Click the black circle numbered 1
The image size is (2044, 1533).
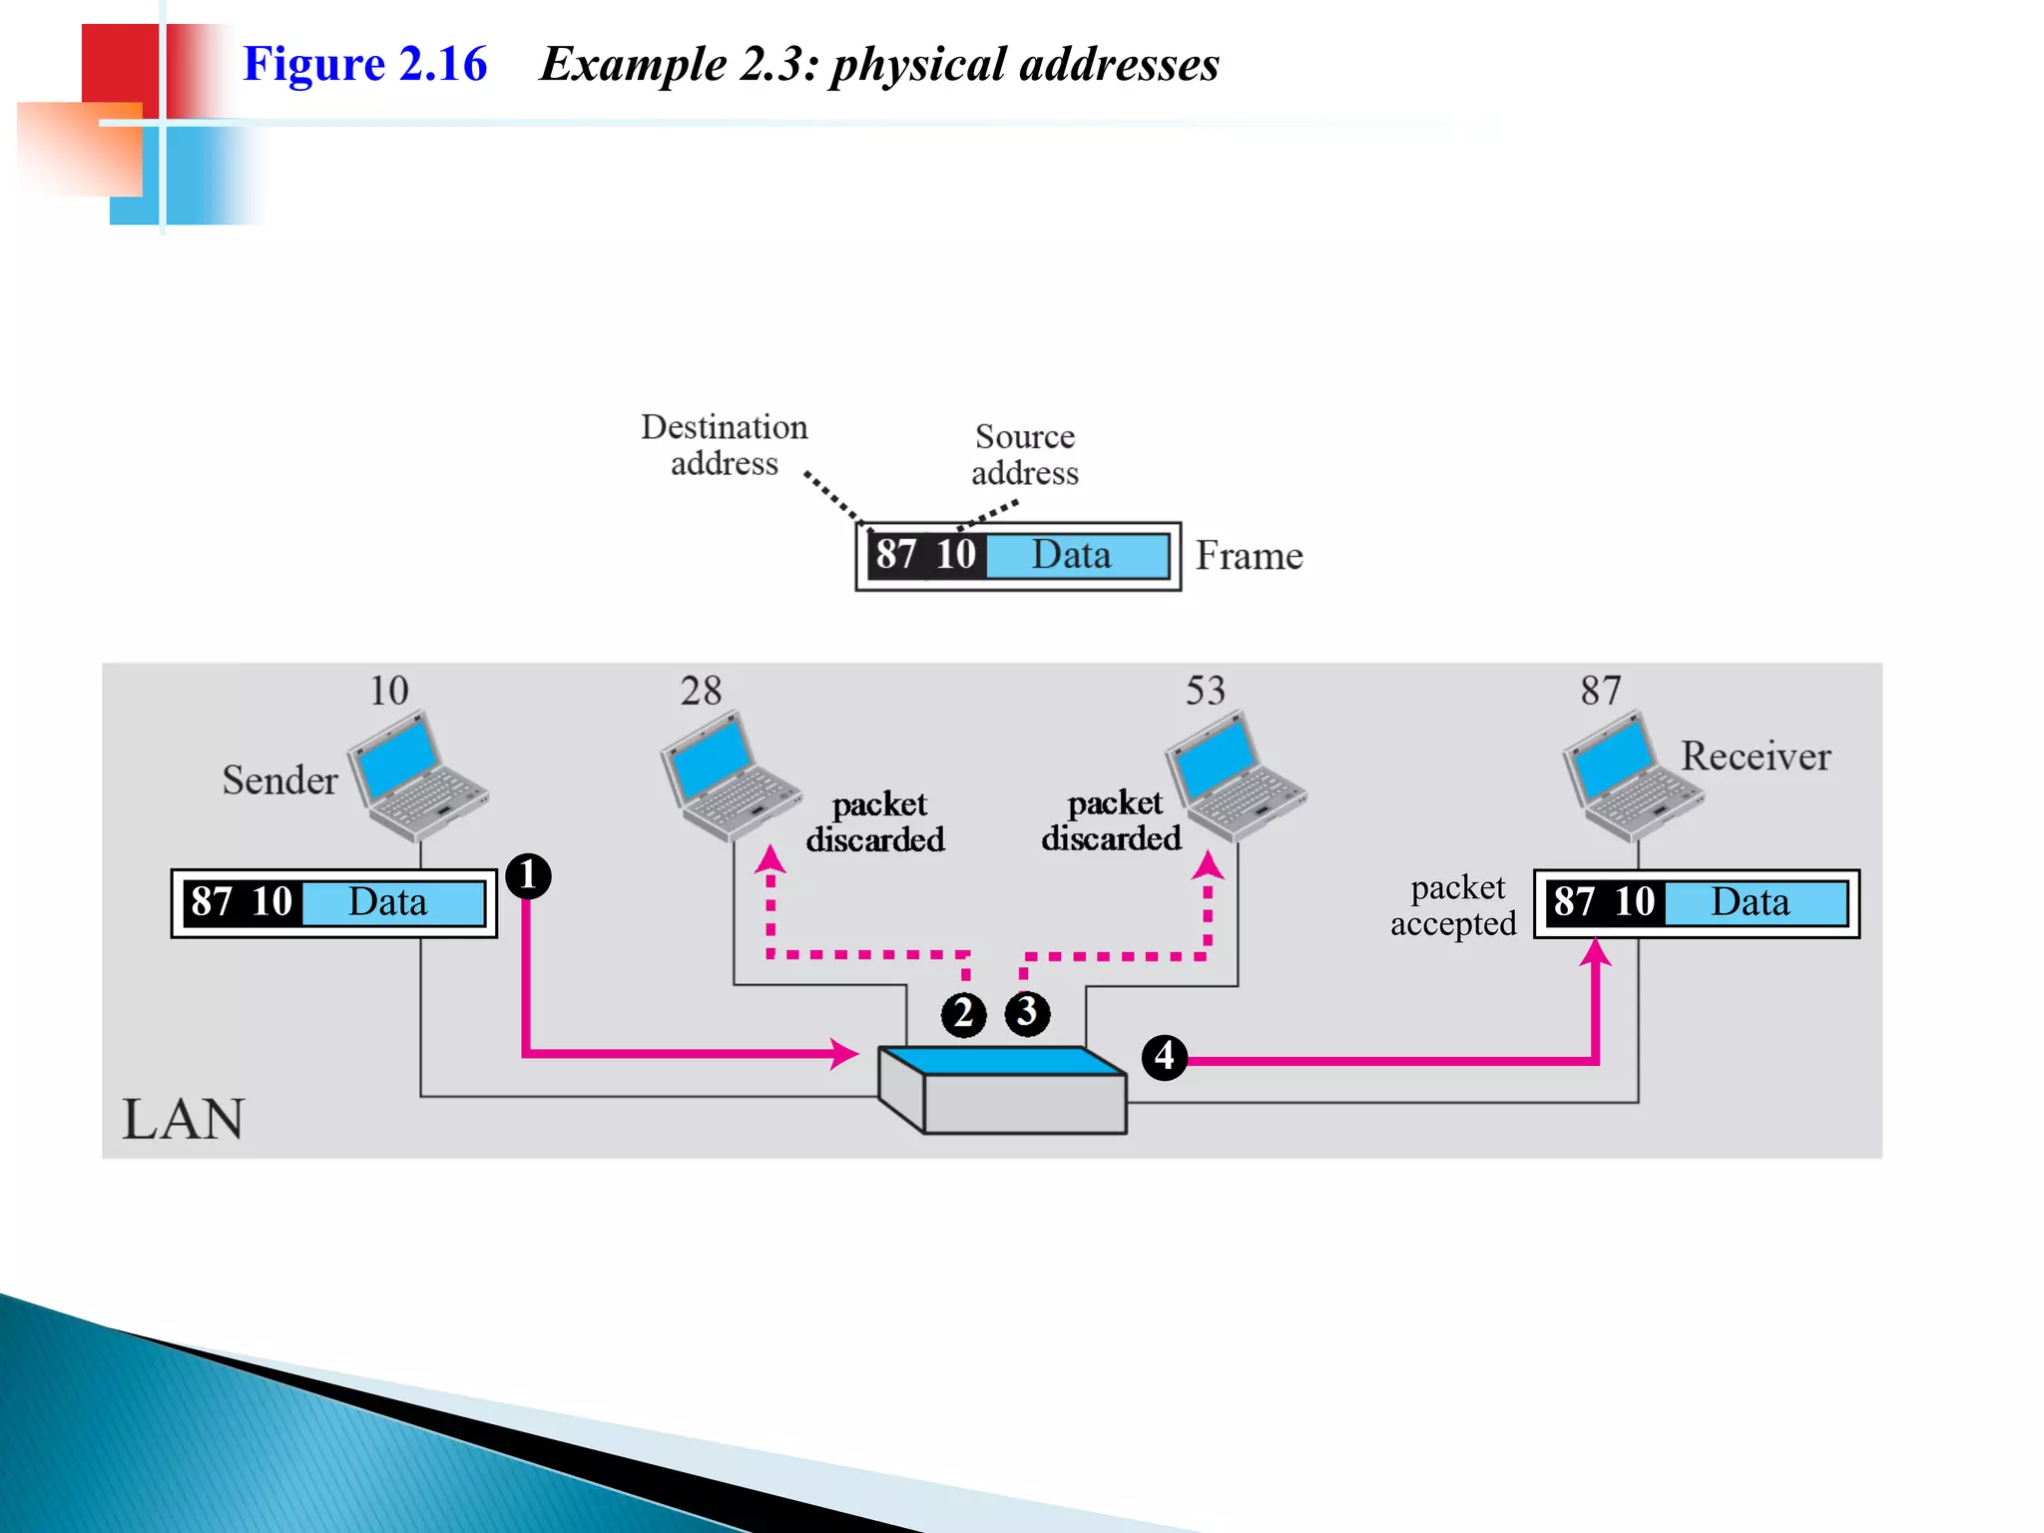pyautogui.click(x=528, y=876)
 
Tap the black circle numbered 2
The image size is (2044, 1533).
pyautogui.click(x=963, y=1014)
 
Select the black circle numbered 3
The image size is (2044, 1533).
pyautogui.click(x=1027, y=1013)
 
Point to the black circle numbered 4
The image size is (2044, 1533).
pyautogui.click(x=1164, y=1057)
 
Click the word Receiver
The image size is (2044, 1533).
pyautogui.click(x=1755, y=757)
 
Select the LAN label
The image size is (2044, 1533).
pyautogui.click(x=183, y=1119)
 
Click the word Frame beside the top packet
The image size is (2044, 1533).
pyautogui.click(x=1249, y=556)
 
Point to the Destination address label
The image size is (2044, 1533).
pyautogui.click(x=724, y=445)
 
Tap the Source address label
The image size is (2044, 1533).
pyautogui.click(x=1025, y=454)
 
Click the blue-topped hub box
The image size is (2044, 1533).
pyautogui.click(x=1003, y=1089)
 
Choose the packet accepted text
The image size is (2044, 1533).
pyautogui.click(x=1453, y=905)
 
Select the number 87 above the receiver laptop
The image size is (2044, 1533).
pyautogui.click(x=1600, y=691)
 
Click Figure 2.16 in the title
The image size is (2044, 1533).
pyautogui.click(x=364, y=64)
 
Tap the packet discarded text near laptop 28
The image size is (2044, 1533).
pyautogui.click(x=875, y=821)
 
